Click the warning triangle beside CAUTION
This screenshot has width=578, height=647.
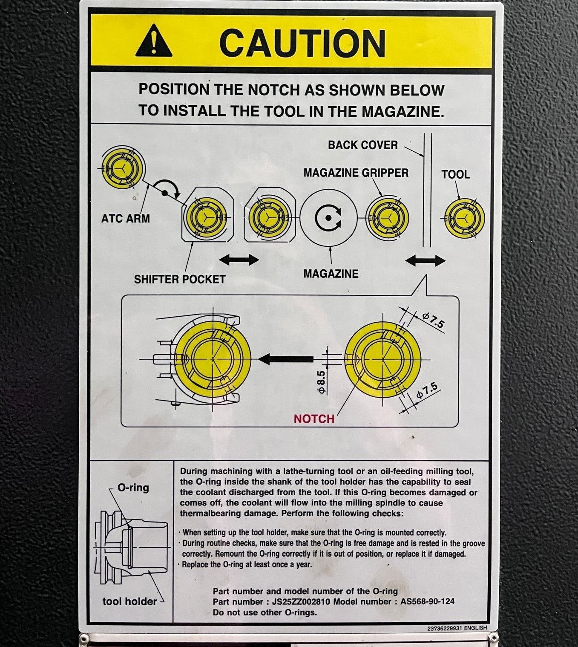(154, 41)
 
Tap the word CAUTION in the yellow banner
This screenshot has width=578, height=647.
(302, 43)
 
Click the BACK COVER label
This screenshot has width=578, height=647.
(363, 145)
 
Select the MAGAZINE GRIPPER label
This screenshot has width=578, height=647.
(356, 173)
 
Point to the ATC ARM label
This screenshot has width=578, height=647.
(125, 219)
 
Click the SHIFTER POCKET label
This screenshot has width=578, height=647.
(180, 280)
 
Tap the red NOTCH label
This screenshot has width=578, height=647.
(314, 419)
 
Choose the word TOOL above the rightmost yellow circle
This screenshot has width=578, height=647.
(456, 175)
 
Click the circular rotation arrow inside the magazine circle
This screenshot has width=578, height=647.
(328, 218)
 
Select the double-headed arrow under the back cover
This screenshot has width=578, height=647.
(426, 261)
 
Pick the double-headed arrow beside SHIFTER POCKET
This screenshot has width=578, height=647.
(239, 260)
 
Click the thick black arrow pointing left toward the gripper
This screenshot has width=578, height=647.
(285, 359)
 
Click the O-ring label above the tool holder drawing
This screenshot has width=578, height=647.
(133, 488)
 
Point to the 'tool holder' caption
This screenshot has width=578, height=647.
(129, 601)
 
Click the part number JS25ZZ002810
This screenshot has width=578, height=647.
(301, 602)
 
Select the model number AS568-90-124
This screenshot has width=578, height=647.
(427, 601)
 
